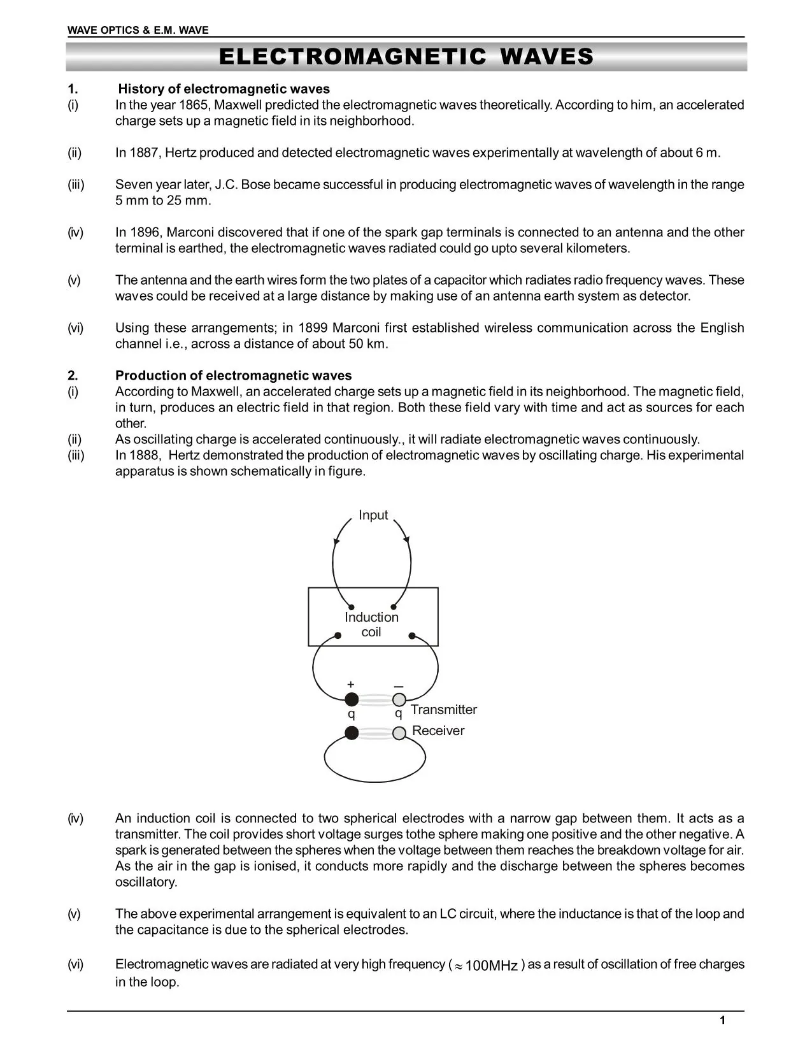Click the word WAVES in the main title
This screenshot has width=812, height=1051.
coord(546,57)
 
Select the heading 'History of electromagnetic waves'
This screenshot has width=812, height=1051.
coord(224,89)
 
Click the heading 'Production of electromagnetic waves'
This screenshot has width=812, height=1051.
coord(233,376)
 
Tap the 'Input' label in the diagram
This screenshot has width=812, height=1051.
coord(373,515)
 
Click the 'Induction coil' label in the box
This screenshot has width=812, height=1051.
coord(371,624)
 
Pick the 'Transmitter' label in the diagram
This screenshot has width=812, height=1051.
coord(443,710)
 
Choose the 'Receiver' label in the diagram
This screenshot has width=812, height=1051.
coord(438,731)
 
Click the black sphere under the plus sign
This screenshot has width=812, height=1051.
coord(352,700)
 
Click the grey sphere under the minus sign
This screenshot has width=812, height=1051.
coord(399,700)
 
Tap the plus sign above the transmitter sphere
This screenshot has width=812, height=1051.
coord(350,684)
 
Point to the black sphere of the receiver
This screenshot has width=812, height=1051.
coord(352,733)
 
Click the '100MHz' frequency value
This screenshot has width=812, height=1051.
coord(491,966)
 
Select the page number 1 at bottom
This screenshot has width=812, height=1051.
coord(722,1021)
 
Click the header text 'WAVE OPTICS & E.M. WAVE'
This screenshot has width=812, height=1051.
coord(138,30)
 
